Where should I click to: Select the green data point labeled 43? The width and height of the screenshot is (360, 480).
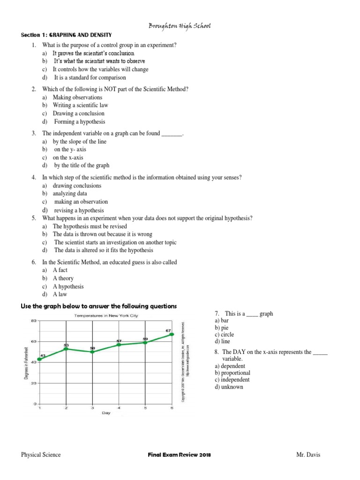click(x=39, y=359)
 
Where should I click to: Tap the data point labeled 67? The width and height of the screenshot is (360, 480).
click(x=172, y=334)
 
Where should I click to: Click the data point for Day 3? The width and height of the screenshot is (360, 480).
click(x=92, y=352)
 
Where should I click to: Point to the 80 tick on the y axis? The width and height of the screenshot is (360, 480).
click(x=33, y=321)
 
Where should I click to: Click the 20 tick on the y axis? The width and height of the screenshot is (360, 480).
click(x=33, y=383)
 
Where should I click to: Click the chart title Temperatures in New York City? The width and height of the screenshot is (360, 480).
click(x=106, y=316)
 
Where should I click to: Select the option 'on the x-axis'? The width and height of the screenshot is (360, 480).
click(x=67, y=157)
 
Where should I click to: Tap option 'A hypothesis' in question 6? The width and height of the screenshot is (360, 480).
click(x=68, y=286)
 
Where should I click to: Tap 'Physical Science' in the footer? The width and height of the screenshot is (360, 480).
click(x=41, y=455)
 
